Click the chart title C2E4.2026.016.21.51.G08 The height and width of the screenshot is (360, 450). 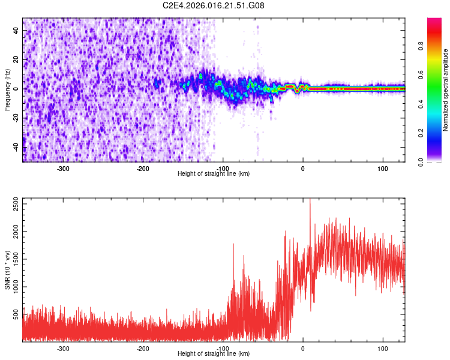[214, 5]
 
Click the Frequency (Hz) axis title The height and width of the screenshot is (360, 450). [7, 90]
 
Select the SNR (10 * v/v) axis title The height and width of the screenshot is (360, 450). [7, 270]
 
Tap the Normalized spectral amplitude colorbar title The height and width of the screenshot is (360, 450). [446, 90]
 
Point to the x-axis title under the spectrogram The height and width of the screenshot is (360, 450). [214, 173]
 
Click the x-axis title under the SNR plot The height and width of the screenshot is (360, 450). [214, 353]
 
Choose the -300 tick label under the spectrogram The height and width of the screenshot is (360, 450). [63, 168]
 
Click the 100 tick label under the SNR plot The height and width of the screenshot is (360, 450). [382, 348]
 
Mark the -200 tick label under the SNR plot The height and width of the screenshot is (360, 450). [143, 348]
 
